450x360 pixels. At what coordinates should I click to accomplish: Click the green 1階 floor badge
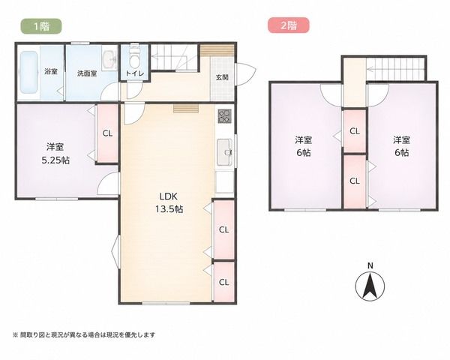click(41, 26)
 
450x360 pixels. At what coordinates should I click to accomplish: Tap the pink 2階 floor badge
click(289, 25)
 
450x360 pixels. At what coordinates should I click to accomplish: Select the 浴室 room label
click(51, 71)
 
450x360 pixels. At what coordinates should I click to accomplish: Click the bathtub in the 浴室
click(28, 72)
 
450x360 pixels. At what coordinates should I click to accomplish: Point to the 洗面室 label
click(87, 73)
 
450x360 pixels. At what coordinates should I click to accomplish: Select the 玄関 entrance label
click(222, 77)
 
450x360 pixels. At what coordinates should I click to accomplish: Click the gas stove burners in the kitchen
click(224, 116)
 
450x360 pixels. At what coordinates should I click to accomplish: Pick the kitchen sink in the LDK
click(225, 152)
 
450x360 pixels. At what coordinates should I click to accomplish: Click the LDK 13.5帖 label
click(169, 202)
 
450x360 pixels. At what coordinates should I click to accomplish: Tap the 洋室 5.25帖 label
click(55, 153)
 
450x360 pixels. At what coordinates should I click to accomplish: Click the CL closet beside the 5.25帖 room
click(107, 133)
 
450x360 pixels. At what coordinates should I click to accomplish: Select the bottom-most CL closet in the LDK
click(223, 282)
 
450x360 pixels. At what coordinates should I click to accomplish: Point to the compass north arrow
click(370, 286)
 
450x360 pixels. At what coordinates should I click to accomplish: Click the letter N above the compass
click(370, 265)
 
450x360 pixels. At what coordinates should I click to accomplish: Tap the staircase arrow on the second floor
click(395, 69)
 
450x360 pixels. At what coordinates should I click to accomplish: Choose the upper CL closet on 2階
click(355, 131)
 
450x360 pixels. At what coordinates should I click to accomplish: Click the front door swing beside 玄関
click(245, 74)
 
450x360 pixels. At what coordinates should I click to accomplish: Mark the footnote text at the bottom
click(84, 334)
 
